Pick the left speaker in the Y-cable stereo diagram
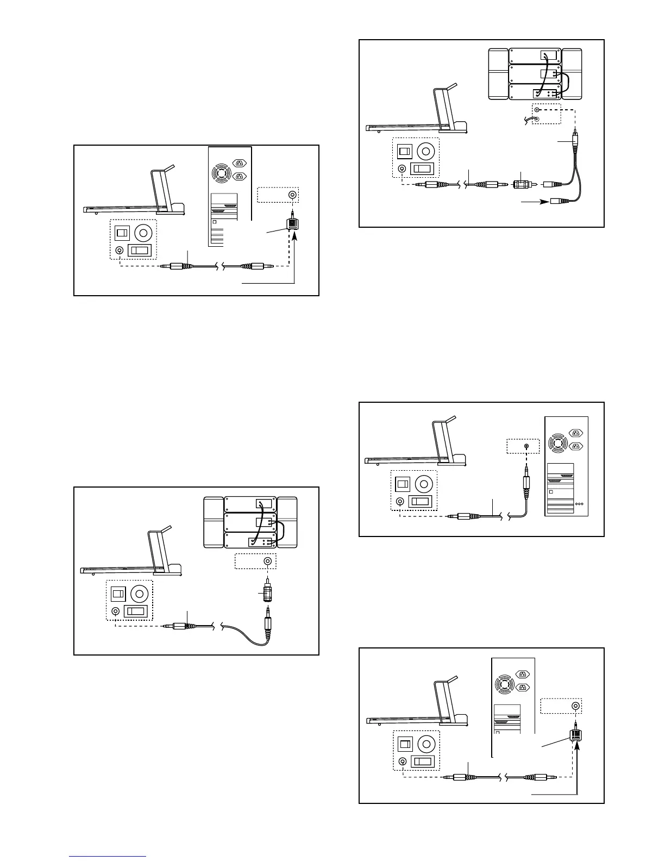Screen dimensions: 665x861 tap(498, 74)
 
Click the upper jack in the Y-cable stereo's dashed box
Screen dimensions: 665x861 tap(537, 110)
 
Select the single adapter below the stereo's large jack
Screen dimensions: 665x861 tap(267, 592)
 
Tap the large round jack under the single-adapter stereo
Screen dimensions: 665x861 tap(267, 561)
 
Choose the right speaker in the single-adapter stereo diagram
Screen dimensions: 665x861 tap(287, 522)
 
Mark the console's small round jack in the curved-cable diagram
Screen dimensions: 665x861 tap(116, 611)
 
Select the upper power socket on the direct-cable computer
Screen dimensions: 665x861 tap(575, 433)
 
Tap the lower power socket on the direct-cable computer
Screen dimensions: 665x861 tap(575, 446)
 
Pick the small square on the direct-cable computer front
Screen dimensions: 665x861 tap(551, 491)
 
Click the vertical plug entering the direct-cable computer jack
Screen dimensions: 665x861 tap(526, 481)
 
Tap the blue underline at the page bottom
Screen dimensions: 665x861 tap(108, 856)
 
